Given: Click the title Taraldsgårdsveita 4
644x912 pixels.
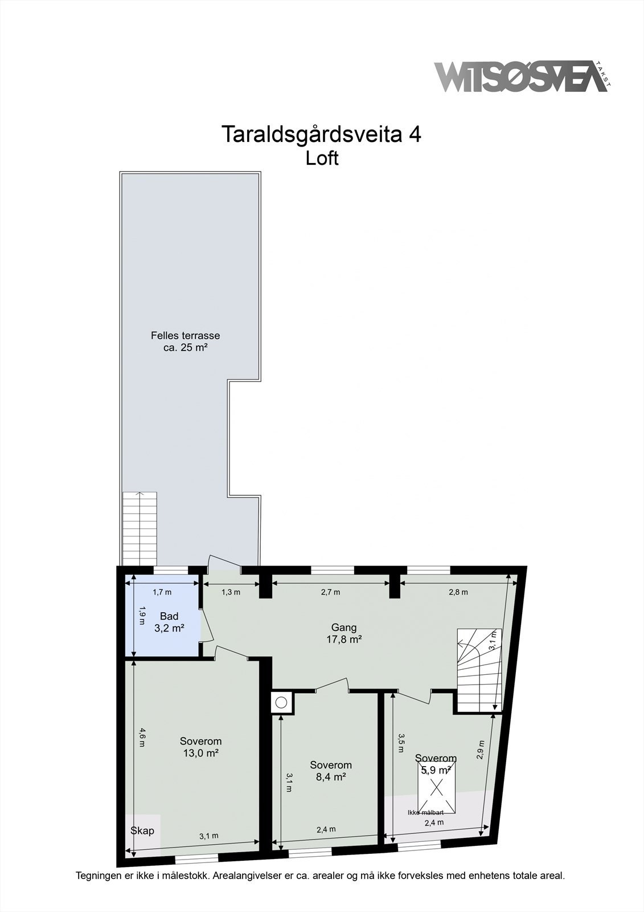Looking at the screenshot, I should click(x=321, y=135).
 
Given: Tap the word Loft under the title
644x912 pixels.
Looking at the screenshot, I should click(x=322, y=158).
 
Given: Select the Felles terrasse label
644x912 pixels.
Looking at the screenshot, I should click(x=185, y=341).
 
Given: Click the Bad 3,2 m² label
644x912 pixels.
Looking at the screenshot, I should click(x=169, y=622).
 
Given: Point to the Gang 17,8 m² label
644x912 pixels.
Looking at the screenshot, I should click(x=344, y=633).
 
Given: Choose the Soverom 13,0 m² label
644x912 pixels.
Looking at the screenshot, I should click(x=200, y=747).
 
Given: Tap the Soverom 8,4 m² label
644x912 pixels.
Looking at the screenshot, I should click(x=330, y=771).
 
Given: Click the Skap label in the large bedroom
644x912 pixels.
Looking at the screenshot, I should click(x=142, y=830).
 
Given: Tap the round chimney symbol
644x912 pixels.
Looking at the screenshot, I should click(x=281, y=703).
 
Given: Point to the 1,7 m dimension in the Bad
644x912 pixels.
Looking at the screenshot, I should click(x=162, y=592).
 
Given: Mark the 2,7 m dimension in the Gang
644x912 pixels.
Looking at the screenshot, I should click(x=330, y=592).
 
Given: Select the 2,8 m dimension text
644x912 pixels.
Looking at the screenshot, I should click(x=458, y=592).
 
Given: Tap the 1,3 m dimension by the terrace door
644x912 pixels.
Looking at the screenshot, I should click(x=231, y=592).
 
